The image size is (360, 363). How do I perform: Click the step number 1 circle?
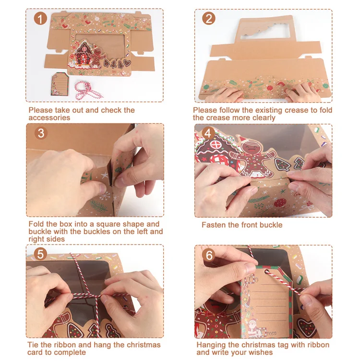point(40,19)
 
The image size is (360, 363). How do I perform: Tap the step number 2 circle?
point(208,19)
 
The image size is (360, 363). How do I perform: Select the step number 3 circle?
point(41,133)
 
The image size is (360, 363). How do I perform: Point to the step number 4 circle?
point(208,133)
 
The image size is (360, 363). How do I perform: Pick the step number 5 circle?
point(40,254)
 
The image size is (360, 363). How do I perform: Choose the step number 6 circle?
point(209,256)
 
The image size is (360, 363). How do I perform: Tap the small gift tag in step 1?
point(60,84)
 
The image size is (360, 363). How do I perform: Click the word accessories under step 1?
point(49,117)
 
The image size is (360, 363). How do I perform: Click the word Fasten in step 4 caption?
point(214,225)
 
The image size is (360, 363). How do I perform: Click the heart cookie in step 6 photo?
point(307,328)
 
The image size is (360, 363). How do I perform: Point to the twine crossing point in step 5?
point(94,296)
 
